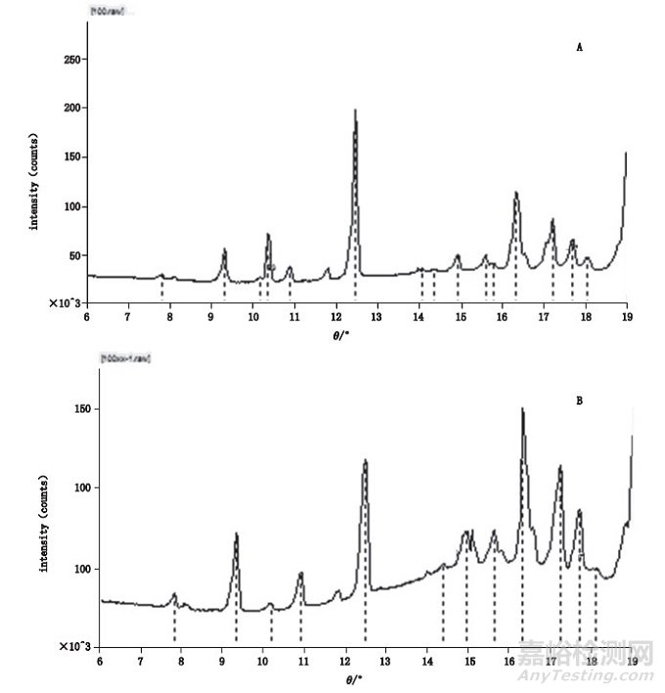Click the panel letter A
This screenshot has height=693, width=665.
[x=580, y=47]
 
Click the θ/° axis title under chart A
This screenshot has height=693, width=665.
[x=354, y=332]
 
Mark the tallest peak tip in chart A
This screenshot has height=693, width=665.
[x=355, y=109]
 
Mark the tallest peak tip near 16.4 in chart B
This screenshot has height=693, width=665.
[x=522, y=409]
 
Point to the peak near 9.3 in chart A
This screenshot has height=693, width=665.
[x=224, y=250]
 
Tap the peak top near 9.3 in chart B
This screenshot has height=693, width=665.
[x=236, y=534]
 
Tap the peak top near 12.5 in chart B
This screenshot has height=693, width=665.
[x=365, y=459]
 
